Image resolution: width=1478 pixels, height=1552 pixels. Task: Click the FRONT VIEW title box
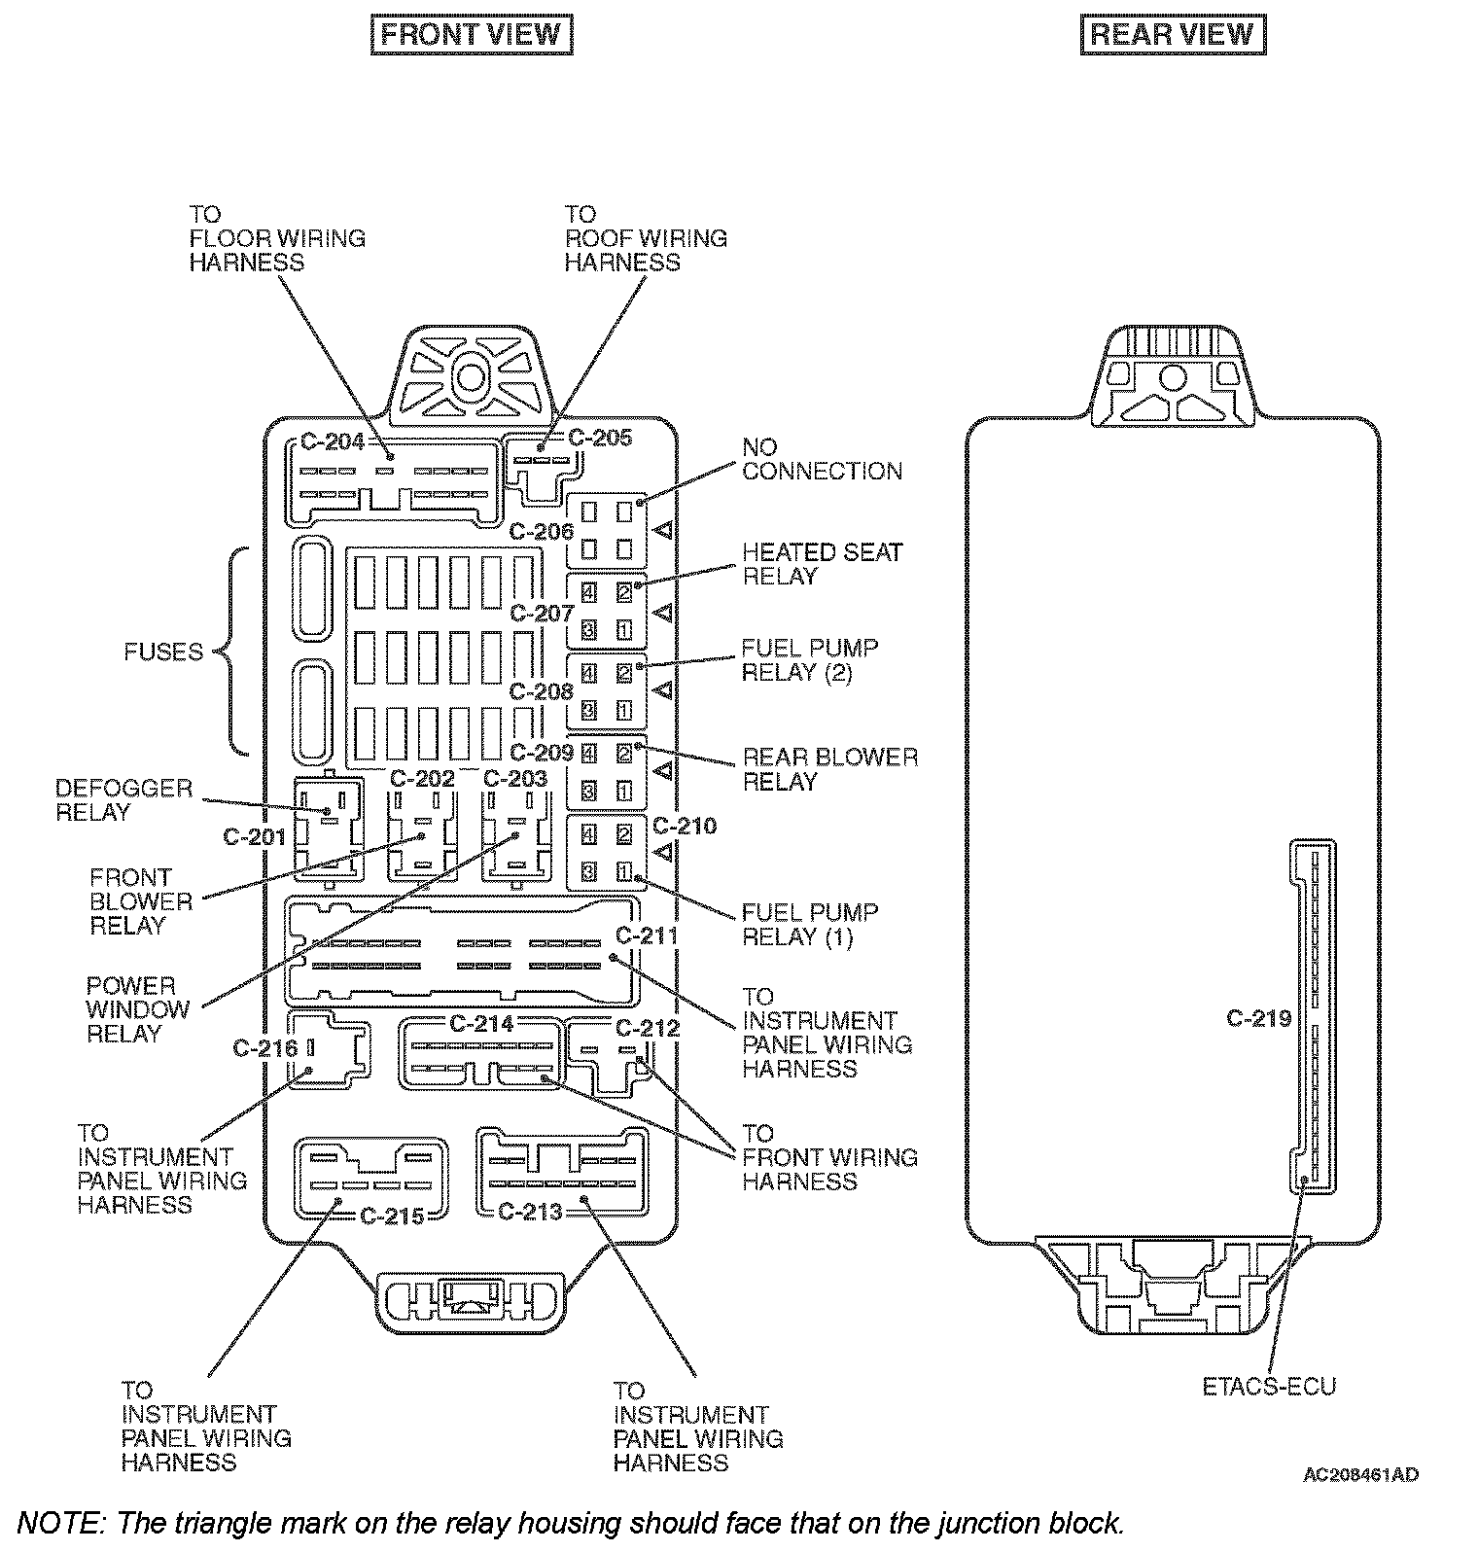pos(472,35)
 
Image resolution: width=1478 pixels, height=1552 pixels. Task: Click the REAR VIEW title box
pos(1173,35)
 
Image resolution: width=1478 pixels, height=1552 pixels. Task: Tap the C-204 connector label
pos(332,442)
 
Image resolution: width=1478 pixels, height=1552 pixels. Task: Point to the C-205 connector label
pos(600,438)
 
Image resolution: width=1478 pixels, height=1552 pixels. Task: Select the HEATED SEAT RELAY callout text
pos(822,564)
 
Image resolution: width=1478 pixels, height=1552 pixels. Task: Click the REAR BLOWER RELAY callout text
pos(829,769)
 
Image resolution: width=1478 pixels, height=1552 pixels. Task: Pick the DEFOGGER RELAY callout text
pos(123,799)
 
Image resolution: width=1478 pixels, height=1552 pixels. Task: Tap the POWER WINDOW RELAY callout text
pos(137,1009)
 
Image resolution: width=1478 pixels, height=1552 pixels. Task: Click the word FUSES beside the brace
pos(163,652)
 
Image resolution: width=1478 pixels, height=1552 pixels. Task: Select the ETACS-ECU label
pos(1269,1386)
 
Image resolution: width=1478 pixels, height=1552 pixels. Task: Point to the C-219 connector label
pos(1258,1018)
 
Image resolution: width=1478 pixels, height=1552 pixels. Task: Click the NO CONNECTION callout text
pos(822,459)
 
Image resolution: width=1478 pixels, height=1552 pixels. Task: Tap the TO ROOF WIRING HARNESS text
pos(645,238)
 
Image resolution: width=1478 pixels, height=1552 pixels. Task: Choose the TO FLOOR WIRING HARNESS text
pos(276,238)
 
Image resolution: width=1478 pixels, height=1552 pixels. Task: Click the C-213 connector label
pos(530,1212)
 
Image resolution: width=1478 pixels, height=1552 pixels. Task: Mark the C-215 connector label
pos(392,1216)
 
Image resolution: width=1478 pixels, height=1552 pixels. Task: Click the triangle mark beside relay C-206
pos(664,530)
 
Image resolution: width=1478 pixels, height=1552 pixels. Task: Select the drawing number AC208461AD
pos(1360,1475)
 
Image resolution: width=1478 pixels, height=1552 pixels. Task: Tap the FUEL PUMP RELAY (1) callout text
pos(809,925)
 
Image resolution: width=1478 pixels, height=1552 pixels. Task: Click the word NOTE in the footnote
pos(57,1522)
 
